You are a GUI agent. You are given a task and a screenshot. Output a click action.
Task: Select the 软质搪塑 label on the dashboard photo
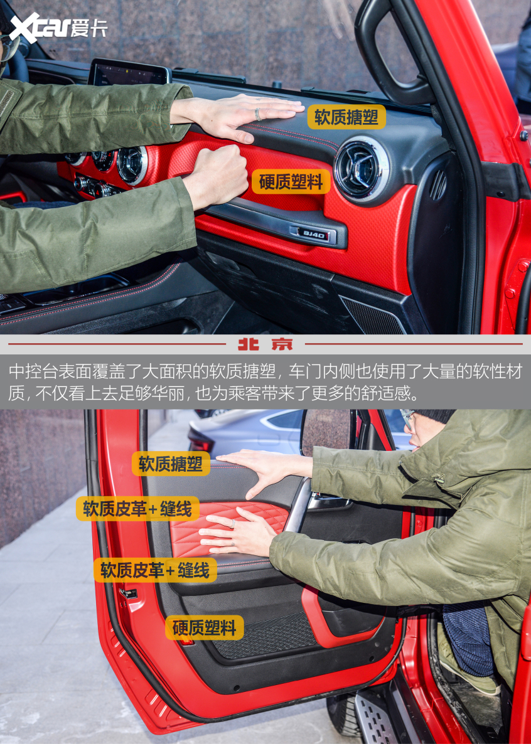346,117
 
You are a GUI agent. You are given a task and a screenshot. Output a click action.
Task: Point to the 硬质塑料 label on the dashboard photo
291,182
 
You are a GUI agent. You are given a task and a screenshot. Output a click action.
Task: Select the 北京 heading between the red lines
265,344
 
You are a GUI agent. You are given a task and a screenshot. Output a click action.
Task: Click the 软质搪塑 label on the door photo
170,464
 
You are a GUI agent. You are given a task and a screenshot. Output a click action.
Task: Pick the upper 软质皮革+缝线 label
137,509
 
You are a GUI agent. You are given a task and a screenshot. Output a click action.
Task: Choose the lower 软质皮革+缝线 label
155,570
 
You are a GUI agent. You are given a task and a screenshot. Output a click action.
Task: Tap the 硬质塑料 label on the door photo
204,627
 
